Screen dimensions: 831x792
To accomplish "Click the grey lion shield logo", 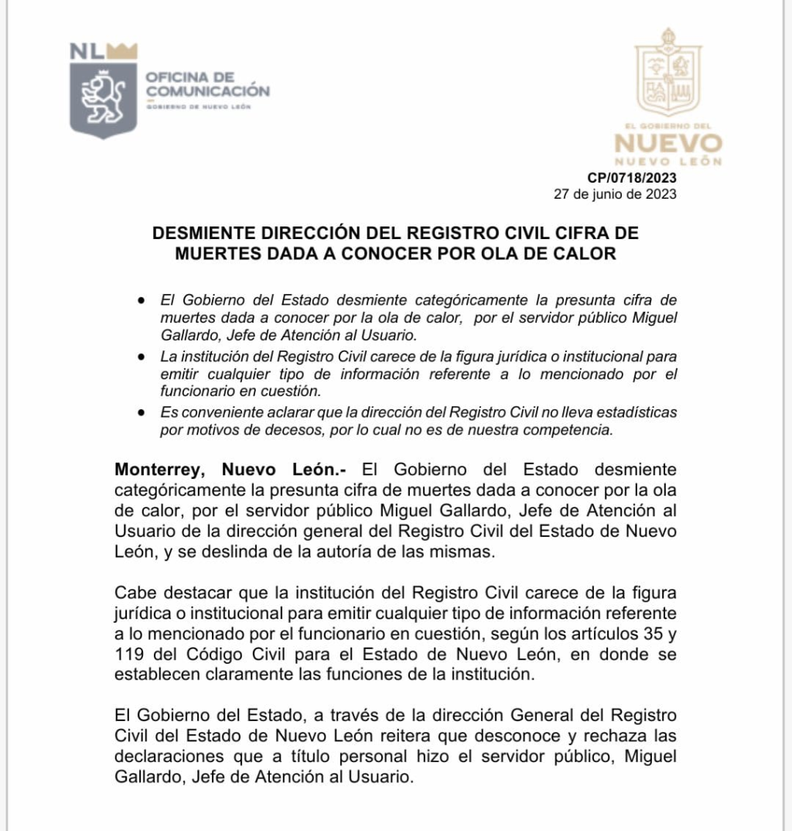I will coord(103,100).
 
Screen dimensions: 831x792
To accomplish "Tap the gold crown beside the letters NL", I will coord(122,51).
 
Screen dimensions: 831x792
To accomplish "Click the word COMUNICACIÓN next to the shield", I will coord(208,91).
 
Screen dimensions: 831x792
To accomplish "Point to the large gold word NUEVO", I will coord(668,144).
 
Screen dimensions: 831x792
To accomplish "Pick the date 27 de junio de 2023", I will coord(615,194).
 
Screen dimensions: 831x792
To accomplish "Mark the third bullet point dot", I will coord(140,413).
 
